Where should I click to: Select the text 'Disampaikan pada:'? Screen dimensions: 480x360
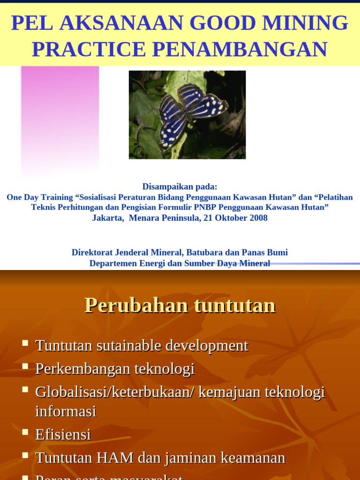click(180, 187)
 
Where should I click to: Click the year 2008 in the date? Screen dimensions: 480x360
click(258, 218)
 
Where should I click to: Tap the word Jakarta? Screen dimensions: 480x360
click(107, 218)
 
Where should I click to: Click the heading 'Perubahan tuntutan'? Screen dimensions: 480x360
click(180, 306)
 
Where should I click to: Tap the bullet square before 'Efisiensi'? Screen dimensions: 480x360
click(25, 431)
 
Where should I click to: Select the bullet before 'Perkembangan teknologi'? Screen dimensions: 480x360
click(25, 366)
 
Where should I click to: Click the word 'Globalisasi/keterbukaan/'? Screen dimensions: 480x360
click(114, 392)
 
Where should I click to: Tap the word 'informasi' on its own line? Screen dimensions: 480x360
click(66, 412)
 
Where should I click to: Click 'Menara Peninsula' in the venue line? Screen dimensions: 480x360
click(164, 218)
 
